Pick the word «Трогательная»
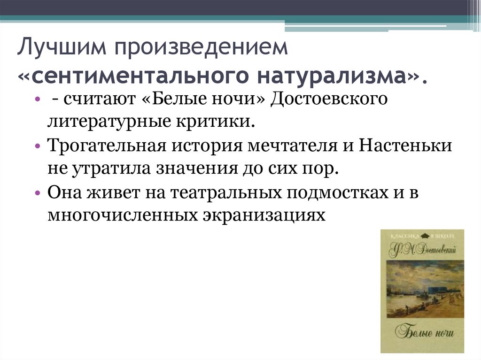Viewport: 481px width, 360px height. [109, 146]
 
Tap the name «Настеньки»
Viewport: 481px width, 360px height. [406, 146]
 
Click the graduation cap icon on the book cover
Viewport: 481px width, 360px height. [425, 236]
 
